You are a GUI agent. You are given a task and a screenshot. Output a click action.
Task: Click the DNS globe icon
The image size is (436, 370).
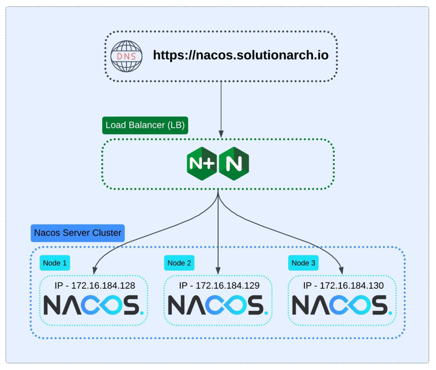point(127,56)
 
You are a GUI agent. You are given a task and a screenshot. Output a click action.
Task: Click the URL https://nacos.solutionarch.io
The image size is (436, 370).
point(241,55)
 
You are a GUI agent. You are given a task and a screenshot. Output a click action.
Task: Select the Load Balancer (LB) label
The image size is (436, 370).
point(145,125)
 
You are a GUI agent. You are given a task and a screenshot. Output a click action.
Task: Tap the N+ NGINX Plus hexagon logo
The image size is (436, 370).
point(202,164)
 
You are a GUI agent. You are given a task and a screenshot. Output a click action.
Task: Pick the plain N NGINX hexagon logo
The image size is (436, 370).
point(234,164)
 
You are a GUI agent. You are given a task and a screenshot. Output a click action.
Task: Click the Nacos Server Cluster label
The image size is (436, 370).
point(77,233)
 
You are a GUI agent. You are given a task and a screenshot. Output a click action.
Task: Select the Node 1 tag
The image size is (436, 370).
point(54,263)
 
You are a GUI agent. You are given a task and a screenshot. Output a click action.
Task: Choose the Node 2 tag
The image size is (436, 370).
point(179,263)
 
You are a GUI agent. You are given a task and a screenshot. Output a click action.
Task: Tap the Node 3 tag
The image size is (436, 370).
point(303,263)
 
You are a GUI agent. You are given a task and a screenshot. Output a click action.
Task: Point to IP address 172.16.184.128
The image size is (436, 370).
point(94,285)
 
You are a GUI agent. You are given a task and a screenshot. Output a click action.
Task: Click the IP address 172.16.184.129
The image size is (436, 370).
point(218,285)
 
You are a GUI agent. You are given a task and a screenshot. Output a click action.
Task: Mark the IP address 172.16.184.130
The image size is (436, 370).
point(343,285)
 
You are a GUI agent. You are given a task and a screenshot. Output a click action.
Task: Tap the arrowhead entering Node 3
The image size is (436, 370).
point(342,270)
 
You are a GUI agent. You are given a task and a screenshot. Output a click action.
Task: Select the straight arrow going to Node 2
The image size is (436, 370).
point(218,234)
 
